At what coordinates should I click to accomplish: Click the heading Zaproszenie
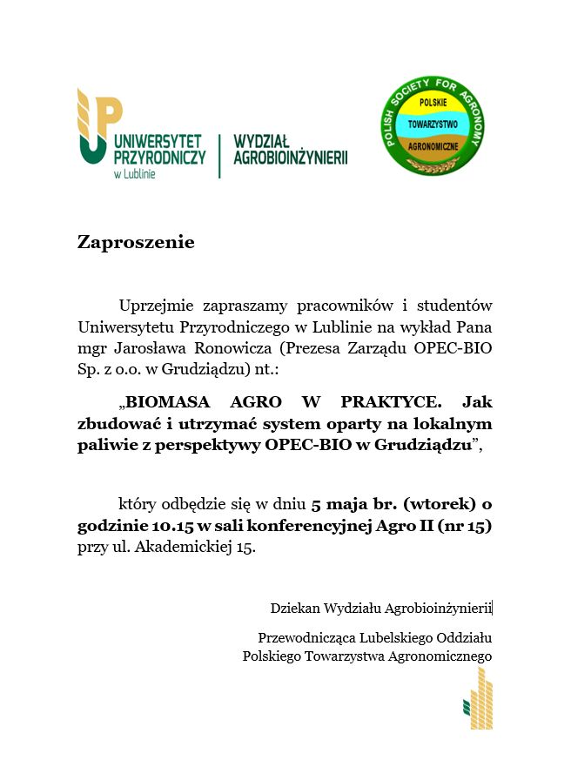coord(135,242)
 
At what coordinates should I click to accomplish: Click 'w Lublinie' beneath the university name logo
coord(134,174)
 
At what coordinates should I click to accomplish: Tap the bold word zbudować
coord(115,425)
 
